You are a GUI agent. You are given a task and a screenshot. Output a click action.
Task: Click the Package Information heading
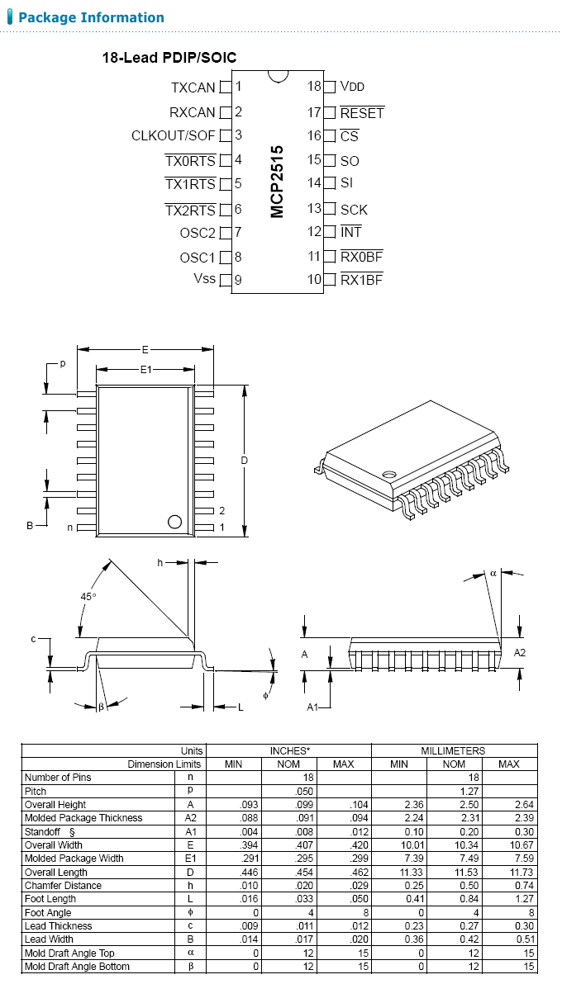[91, 17]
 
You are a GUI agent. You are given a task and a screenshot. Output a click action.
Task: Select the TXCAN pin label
[193, 88]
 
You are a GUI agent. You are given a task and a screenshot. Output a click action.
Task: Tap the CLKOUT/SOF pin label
[174, 135]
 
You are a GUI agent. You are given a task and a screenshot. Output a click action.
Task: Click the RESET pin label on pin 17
[362, 113]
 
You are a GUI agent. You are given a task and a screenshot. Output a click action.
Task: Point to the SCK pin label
[354, 210]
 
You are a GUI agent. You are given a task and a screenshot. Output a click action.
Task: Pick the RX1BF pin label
[361, 280]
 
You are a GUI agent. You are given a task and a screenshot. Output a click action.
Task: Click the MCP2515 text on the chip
[277, 182]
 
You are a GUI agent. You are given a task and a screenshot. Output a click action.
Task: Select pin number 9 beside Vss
[238, 281]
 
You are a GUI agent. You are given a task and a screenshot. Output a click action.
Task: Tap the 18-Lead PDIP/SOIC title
[169, 58]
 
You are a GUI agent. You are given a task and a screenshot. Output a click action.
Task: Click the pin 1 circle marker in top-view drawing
[174, 522]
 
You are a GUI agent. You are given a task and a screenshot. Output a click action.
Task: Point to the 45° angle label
[88, 596]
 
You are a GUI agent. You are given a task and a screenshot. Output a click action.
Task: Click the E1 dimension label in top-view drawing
[145, 371]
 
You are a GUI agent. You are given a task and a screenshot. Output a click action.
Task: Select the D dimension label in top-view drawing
[245, 461]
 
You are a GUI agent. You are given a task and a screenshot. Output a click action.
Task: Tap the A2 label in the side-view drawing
[520, 653]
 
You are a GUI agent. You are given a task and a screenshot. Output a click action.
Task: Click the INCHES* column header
[289, 750]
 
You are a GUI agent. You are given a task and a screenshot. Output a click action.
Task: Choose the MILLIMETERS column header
[454, 750]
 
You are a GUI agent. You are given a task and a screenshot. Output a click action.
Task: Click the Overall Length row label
[56, 873]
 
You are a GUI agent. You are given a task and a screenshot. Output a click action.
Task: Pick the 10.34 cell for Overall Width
[454, 845]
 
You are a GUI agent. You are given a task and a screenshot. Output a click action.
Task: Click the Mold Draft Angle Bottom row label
[78, 967]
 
